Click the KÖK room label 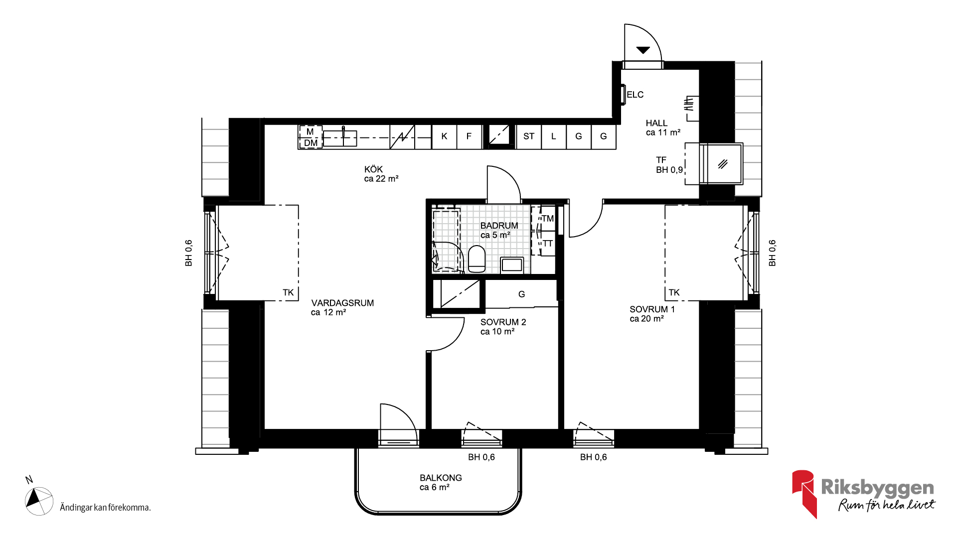coord(373,169)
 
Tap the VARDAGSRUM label coord(342,303)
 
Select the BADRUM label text coord(499,226)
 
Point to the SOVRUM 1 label coord(652,309)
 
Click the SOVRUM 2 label coord(503,322)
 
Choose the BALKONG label coord(441,478)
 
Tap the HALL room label coord(656,123)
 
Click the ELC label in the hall coord(635,95)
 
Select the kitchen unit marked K coord(444,136)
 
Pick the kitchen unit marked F coord(469,136)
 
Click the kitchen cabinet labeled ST coord(529,136)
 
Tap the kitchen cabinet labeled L coord(554,136)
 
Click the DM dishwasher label coord(311,143)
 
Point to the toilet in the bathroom coord(477,259)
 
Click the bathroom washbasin coord(512,265)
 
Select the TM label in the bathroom coord(548,219)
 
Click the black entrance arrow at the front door coord(643,50)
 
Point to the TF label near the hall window coord(661,160)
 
